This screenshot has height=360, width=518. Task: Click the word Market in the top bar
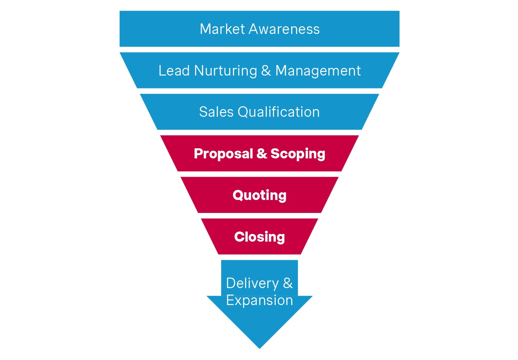point(222,29)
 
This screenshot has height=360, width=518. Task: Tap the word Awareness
point(284,29)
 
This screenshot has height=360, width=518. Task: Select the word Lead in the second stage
point(174,71)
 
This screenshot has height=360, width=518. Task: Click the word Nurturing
point(225,71)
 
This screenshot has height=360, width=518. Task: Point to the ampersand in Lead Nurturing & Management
point(266,71)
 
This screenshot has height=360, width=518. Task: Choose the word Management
point(318,71)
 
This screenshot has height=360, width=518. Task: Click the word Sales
point(216,112)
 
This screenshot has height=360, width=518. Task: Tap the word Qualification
point(279,112)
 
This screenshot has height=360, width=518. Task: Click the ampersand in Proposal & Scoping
point(261,154)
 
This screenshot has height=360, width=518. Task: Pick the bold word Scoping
point(298,154)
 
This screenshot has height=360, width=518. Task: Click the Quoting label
point(260,196)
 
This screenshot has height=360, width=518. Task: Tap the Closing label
point(260,237)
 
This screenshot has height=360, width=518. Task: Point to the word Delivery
point(252,283)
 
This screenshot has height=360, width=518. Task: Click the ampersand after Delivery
point(288,283)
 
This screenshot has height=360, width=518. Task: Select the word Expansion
point(260,300)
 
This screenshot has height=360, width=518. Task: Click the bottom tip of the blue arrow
point(260,347)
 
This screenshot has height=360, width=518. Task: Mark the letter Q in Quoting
point(238,196)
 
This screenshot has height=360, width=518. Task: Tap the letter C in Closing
point(239,237)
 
